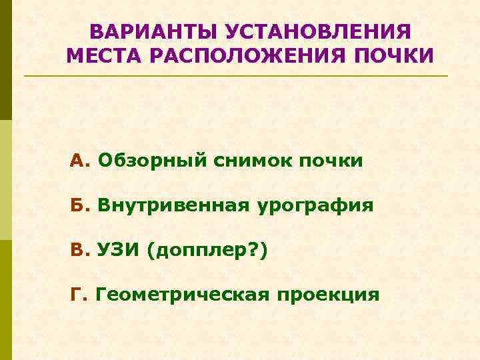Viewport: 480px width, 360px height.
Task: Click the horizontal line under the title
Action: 236,76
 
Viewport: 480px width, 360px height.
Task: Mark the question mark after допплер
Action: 256,250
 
